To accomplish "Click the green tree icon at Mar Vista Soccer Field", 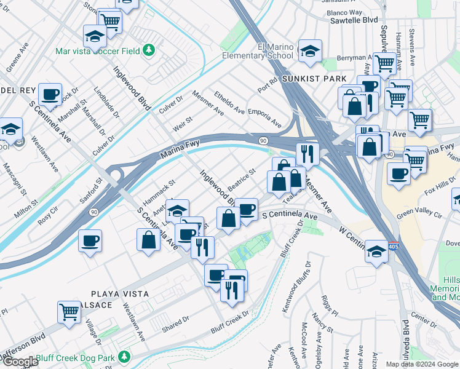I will pyautogui.click(x=148, y=50).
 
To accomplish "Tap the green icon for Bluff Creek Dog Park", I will pyautogui.click(x=125, y=357).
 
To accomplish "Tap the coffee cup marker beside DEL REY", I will pyautogui.click(x=50, y=95).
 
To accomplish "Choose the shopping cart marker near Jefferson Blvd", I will pyautogui.click(x=69, y=312).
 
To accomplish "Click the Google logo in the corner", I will pyautogui.click(x=20, y=362).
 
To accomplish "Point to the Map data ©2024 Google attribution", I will pyautogui.click(x=422, y=364).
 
